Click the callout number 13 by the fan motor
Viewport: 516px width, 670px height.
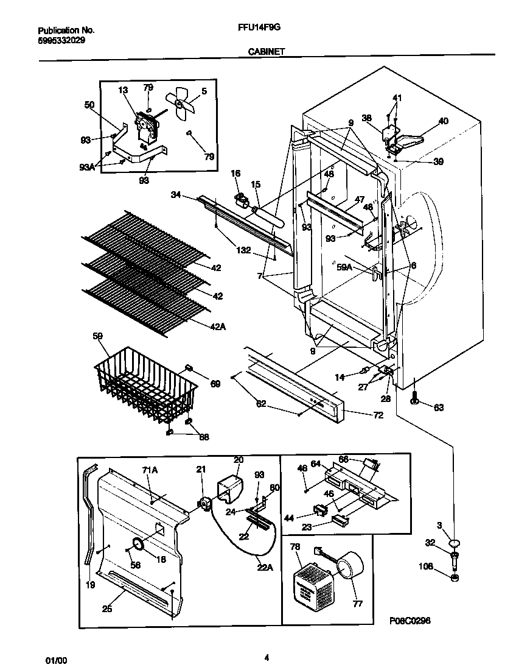click(123, 90)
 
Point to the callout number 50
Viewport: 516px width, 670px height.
click(89, 105)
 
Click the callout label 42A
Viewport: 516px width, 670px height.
click(218, 326)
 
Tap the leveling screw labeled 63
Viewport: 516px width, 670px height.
click(414, 400)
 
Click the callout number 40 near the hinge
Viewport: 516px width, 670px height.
click(443, 121)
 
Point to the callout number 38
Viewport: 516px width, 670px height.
click(366, 119)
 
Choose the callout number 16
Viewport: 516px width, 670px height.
click(235, 174)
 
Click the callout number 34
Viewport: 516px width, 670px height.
click(176, 196)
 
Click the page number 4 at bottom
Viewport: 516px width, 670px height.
click(267, 657)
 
